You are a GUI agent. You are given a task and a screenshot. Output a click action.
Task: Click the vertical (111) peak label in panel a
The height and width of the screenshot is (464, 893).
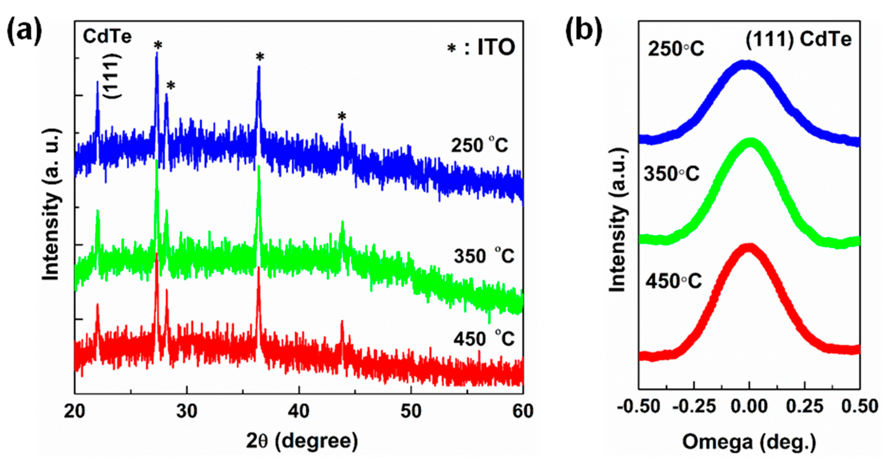(x=114, y=76)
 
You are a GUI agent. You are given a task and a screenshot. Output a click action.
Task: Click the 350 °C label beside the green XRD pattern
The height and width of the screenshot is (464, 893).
(x=484, y=256)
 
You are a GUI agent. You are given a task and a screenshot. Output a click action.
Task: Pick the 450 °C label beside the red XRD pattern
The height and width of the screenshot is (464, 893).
(x=484, y=339)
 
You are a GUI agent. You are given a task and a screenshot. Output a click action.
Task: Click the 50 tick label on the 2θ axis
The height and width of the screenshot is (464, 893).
(x=411, y=412)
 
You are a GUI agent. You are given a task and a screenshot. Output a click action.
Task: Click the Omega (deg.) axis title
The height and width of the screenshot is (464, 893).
(x=749, y=442)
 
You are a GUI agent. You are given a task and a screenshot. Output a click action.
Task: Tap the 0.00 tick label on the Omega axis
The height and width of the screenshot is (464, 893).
(x=749, y=406)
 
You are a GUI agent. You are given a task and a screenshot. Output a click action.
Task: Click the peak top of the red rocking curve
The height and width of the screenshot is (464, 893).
(x=749, y=249)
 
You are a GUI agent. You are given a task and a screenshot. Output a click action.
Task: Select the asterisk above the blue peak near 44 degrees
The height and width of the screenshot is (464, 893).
(x=342, y=116)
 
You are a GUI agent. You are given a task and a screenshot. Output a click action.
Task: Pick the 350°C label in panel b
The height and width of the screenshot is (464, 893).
(x=672, y=173)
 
